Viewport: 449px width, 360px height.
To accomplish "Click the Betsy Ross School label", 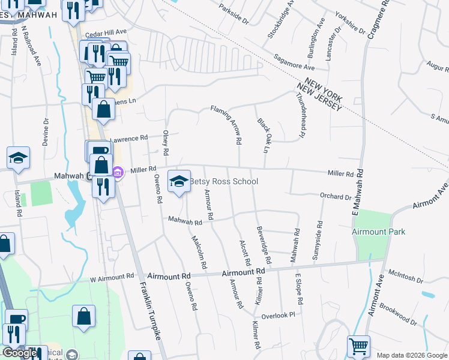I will point(224,182).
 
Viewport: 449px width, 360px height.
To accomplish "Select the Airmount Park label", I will point(379,232).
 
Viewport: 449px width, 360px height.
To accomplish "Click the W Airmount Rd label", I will point(112,277).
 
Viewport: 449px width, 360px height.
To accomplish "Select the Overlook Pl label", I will point(279,315).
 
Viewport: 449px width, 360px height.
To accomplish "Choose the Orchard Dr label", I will point(336,197).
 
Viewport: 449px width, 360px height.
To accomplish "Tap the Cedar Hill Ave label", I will point(106,31).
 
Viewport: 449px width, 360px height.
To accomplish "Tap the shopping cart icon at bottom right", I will point(358,346).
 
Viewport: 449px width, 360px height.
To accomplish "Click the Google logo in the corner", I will point(20,353).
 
